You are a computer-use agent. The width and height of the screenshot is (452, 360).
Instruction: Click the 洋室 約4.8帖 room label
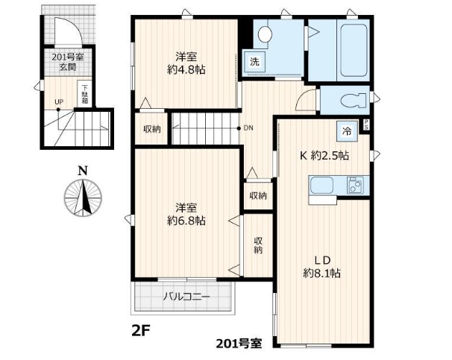pos(186,63)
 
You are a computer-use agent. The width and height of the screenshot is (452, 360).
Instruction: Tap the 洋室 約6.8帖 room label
pos(186,214)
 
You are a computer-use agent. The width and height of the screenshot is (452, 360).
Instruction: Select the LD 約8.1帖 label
pos(321,266)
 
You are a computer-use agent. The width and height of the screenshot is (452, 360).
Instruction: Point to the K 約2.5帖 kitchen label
pos(324,156)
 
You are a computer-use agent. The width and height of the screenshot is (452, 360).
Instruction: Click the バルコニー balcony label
pos(186,296)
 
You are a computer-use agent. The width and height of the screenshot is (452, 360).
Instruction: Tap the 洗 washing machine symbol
pos(254,62)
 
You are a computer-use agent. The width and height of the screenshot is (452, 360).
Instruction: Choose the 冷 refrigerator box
pos(347,131)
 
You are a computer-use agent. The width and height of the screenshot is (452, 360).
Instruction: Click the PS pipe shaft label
pos(366,124)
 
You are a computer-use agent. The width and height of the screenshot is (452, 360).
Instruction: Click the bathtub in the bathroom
pos(354,50)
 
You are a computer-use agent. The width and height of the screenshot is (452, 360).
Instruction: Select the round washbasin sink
pos(265,34)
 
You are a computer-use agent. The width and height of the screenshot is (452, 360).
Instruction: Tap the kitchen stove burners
pos(355,185)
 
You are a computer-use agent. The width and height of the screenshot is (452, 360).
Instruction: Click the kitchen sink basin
pos(322,185)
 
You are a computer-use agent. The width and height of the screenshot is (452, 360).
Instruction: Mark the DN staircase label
pos(248,128)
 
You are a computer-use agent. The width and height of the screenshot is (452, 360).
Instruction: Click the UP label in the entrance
pos(59,102)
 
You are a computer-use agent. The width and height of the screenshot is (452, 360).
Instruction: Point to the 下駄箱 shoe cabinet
pos(84,94)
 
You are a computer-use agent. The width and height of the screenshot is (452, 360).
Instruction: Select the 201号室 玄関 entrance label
pos(68,62)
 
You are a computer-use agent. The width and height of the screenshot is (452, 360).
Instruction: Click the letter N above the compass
pos(83,171)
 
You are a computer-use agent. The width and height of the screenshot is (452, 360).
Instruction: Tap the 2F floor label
pos(141,330)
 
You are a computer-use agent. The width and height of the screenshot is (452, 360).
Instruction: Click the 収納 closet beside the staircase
pos(151,128)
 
